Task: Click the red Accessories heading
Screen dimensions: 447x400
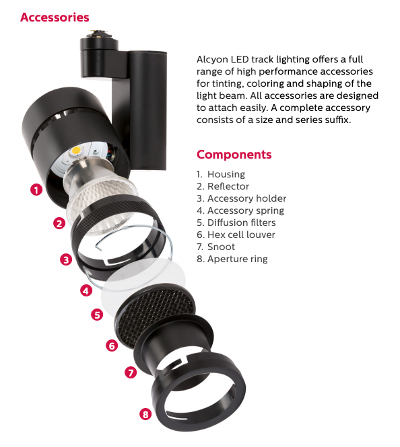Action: (x=55, y=17)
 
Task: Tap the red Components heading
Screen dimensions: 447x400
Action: (x=234, y=154)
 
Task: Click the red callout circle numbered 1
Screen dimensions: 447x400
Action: (x=36, y=190)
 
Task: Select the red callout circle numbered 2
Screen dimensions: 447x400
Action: (x=59, y=224)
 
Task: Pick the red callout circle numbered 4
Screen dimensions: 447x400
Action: (x=86, y=291)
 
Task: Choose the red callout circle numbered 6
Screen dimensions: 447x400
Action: (x=112, y=346)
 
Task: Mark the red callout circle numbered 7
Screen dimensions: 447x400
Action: (x=131, y=372)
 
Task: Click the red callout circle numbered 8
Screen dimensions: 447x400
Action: (x=145, y=414)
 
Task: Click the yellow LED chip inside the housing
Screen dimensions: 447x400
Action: (x=79, y=149)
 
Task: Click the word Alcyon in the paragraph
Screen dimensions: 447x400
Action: (x=213, y=59)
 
